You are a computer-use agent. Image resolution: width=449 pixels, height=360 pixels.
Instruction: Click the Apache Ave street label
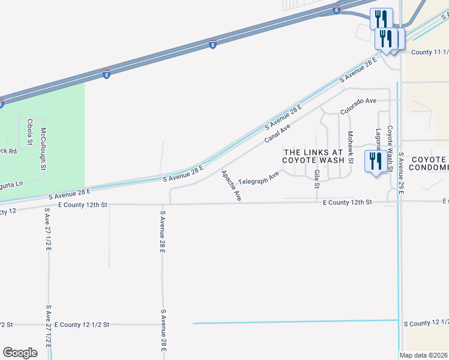pyautogui.click(x=231, y=185)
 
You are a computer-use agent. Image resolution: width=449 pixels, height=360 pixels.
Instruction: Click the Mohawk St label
pyautogui.click(x=351, y=147)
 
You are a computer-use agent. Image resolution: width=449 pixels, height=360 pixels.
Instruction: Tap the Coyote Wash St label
pyautogui.click(x=389, y=148)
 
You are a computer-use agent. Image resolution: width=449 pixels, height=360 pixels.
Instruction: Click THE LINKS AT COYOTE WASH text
pyautogui.click(x=314, y=157)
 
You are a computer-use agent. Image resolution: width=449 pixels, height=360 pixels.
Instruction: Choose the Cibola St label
pyautogui.click(x=29, y=132)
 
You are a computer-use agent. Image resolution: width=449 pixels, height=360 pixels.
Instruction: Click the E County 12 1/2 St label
pyautogui.click(x=82, y=325)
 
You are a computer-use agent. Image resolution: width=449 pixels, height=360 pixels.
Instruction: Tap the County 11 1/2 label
pyautogui.click(x=429, y=52)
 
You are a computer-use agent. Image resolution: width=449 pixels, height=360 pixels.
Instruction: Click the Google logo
pyautogui.click(x=20, y=353)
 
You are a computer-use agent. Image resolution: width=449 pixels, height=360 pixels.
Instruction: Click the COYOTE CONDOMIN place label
pyautogui.click(x=429, y=164)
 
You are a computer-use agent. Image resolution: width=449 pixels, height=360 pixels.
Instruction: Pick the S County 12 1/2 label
pyautogui.click(x=426, y=323)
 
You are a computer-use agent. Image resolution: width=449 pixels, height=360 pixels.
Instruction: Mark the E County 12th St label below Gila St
pyautogui.click(x=347, y=203)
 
